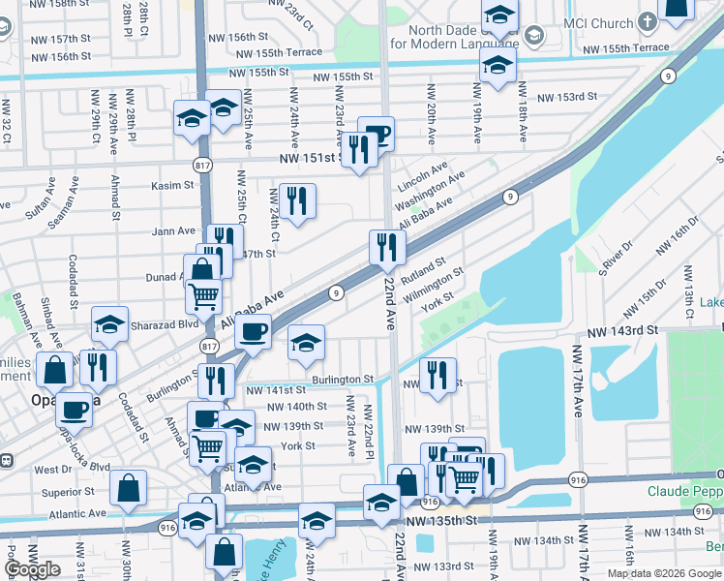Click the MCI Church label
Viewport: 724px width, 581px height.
point(598,22)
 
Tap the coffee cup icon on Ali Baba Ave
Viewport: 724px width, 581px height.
point(253,332)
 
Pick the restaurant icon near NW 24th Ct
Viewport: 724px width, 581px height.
point(297,200)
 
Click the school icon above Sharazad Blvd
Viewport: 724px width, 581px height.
point(110,324)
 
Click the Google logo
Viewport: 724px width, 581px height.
point(33,569)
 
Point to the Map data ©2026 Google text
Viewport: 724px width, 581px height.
point(664,573)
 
